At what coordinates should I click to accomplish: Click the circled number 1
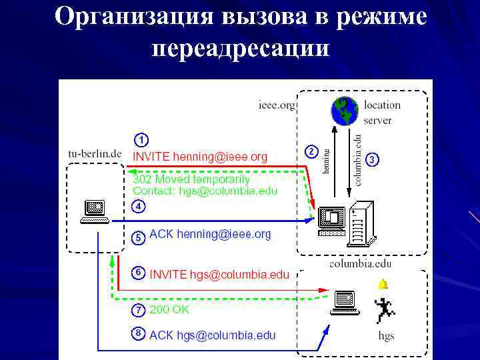pyautogui.click(x=141, y=140)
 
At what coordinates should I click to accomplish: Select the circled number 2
pyautogui.click(x=311, y=151)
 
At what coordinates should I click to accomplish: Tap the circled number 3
pyautogui.click(x=373, y=159)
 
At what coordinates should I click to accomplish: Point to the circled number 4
pyautogui.click(x=137, y=206)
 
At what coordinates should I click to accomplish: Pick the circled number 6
pyautogui.click(x=137, y=273)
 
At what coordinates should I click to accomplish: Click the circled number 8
pyautogui.click(x=137, y=333)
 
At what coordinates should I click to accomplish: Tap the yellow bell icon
pyautogui.click(x=383, y=285)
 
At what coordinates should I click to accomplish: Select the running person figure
pyautogui.click(x=384, y=308)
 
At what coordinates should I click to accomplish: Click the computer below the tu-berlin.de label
pyautogui.click(x=94, y=211)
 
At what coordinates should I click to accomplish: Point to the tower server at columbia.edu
pyautogui.click(x=359, y=223)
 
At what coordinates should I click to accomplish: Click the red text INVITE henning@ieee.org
pyautogui.click(x=200, y=157)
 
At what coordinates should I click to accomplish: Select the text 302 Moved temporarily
pyautogui.click(x=191, y=179)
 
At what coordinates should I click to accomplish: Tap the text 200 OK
pyautogui.click(x=169, y=310)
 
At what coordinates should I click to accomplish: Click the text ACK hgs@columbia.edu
pyautogui.click(x=212, y=335)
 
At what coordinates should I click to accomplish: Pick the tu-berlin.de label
pyautogui.click(x=95, y=153)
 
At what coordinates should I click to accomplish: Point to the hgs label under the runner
pyautogui.click(x=385, y=336)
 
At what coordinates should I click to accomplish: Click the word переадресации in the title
pyautogui.click(x=240, y=48)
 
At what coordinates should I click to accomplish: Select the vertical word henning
pyautogui.click(x=327, y=160)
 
